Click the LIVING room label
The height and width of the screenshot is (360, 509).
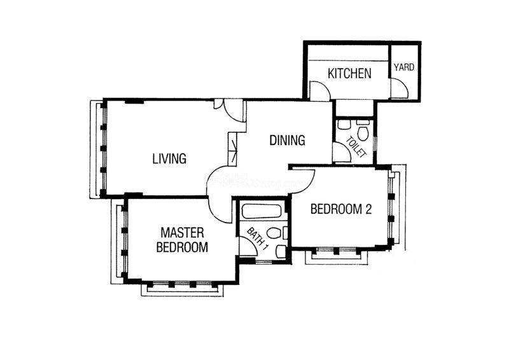point(169,159)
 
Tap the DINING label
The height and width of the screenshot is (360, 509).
point(288,140)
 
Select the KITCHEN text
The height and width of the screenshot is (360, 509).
point(349,73)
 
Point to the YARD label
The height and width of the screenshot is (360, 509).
point(404,67)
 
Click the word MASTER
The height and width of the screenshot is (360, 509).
point(183,233)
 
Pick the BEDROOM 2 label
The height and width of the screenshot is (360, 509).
point(341,209)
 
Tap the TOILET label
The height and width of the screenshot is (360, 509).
point(356,147)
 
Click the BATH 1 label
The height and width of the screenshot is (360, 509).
point(258,239)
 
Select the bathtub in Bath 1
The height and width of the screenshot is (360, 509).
point(261,211)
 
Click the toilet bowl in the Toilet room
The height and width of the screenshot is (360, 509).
point(363,133)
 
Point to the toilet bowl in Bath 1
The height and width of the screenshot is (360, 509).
point(274,233)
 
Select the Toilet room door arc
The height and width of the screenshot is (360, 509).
point(345,148)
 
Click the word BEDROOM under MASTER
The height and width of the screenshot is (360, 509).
point(182,247)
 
